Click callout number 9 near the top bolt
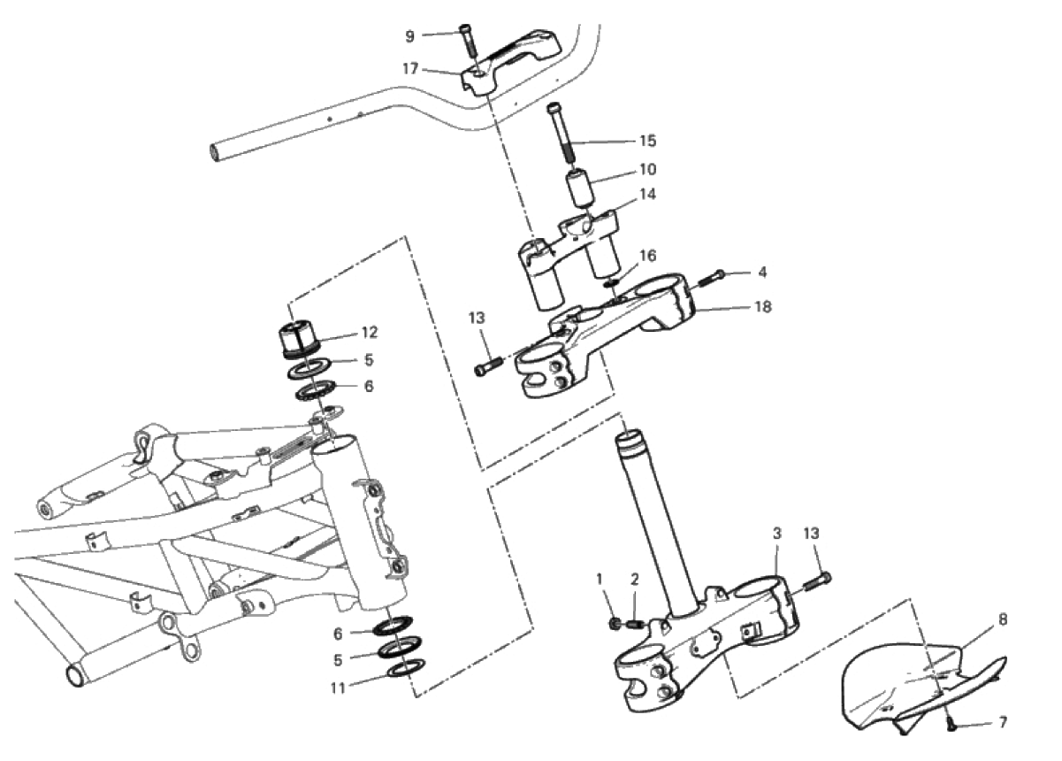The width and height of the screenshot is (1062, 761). click(x=409, y=36)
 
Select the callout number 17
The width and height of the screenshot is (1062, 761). click(x=409, y=68)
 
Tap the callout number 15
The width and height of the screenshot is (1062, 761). click(x=648, y=141)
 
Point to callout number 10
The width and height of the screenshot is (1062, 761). click(x=648, y=168)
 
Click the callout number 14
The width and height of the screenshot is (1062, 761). click(x=648, y=193)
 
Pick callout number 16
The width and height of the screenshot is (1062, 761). click(x=648, y=256)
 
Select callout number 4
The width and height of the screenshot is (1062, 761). click(x=761, y=273)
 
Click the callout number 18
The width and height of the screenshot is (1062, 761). click(x=761, y=307)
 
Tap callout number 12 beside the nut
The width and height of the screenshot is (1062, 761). click(x=369, y=333)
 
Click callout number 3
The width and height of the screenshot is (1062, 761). click(x=777, y=534)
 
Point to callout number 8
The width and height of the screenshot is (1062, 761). click(x=1003, y=619)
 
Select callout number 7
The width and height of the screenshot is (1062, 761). click(x=1003, y=722)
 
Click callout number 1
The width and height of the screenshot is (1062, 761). click(x=600, y=579)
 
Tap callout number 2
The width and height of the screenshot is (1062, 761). click(x=634, y=580)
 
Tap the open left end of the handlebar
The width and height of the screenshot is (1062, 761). click(x=216, y=152)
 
